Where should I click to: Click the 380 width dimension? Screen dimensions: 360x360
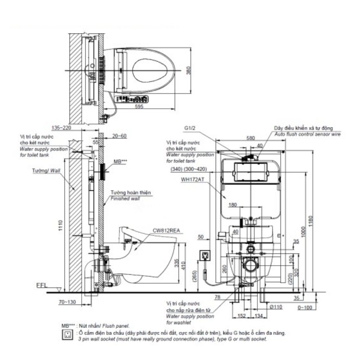coord(188,71)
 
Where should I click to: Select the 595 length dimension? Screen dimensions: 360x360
coord(139,107)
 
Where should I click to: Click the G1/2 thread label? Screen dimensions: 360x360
coord(190,127)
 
